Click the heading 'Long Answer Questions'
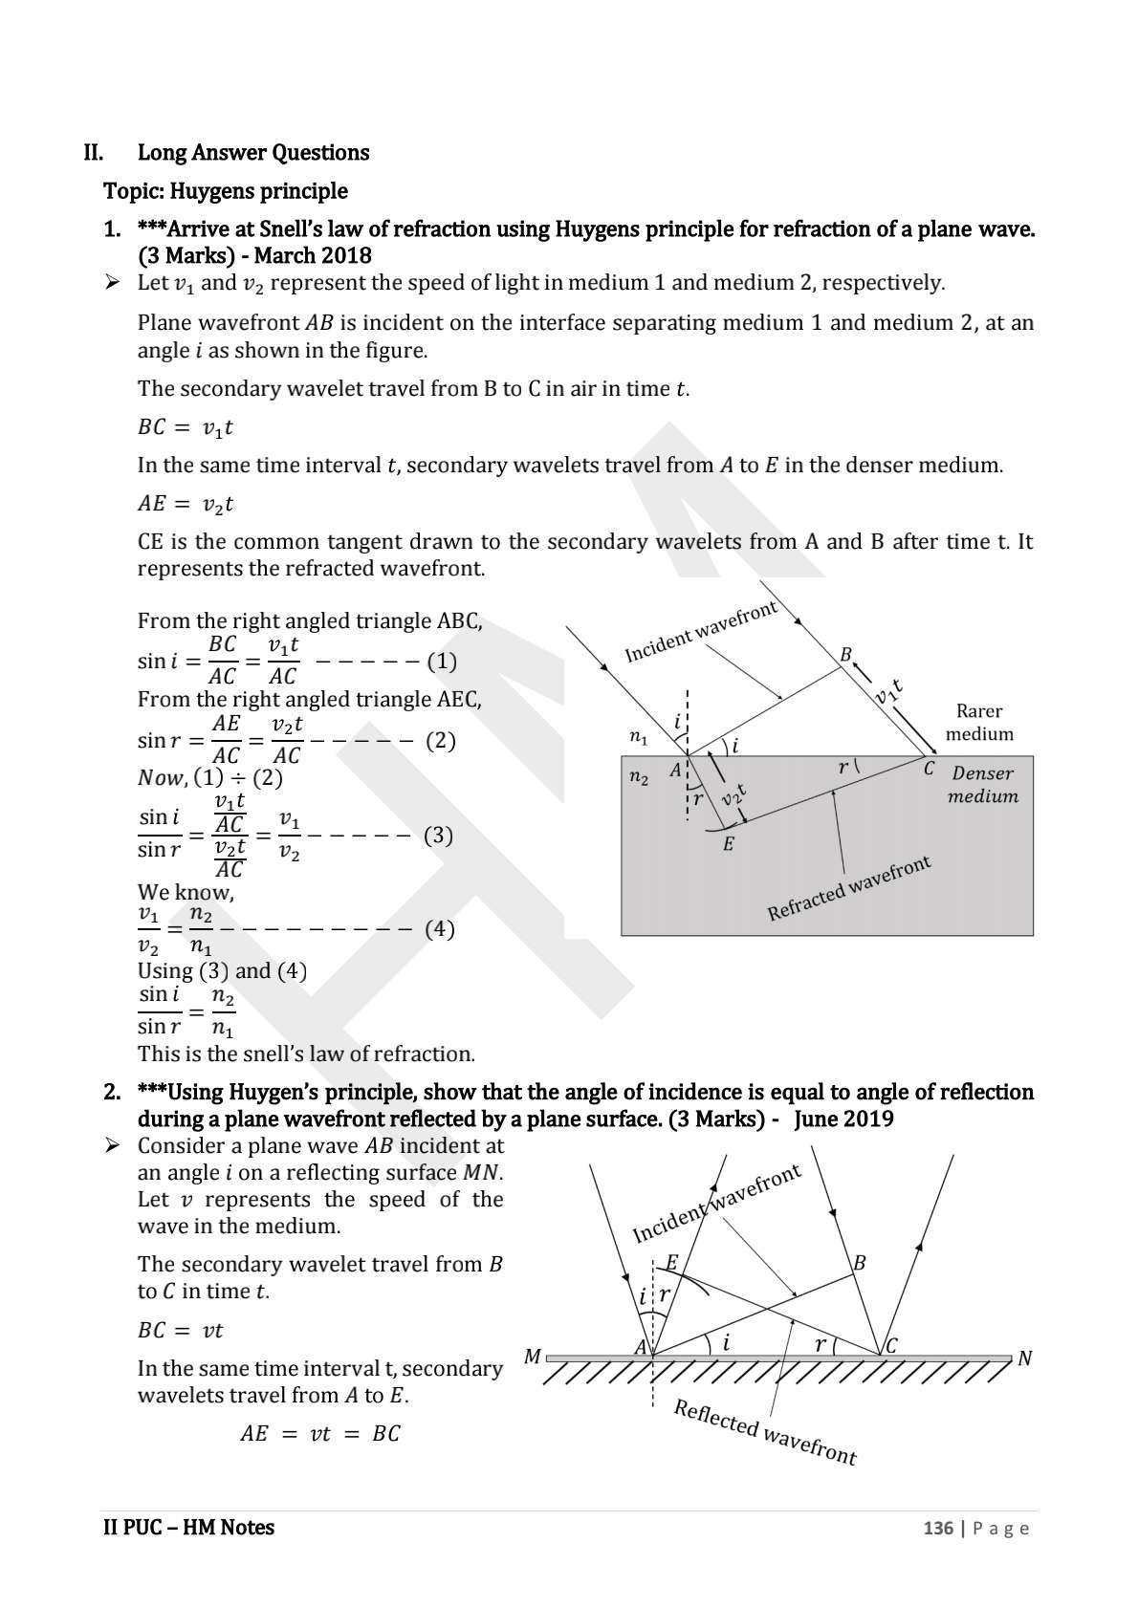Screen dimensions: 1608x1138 tap(253, 153)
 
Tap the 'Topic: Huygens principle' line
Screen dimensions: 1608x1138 tap(226, 191)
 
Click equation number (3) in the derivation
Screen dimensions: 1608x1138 tap(438, 836)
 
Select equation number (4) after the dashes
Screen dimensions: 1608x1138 tap(439, 929)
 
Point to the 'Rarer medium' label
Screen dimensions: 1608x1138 tap(979, 723)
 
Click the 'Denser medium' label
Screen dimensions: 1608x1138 tap(982, 785)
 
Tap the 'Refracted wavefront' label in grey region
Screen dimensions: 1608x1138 tap(849, 889)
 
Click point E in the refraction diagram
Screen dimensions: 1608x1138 tap(728, 844)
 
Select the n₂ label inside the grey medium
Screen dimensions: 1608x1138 tap(638, 778)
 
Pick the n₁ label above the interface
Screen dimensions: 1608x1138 tap(638, 737)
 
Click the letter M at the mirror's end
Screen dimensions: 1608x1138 tap(533, 1357)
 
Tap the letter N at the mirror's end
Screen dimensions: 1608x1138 tap(1025, 1358)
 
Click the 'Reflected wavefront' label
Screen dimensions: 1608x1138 tap(765, 1432)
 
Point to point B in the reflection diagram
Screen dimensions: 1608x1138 tap(859, 1263)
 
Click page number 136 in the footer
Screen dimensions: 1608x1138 tap(937, 1529)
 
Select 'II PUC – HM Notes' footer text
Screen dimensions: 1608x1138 tap(188, 1528)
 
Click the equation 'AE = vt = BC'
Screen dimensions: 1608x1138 tap(319, 1434)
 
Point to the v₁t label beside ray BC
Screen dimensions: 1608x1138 tap(887, 690)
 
